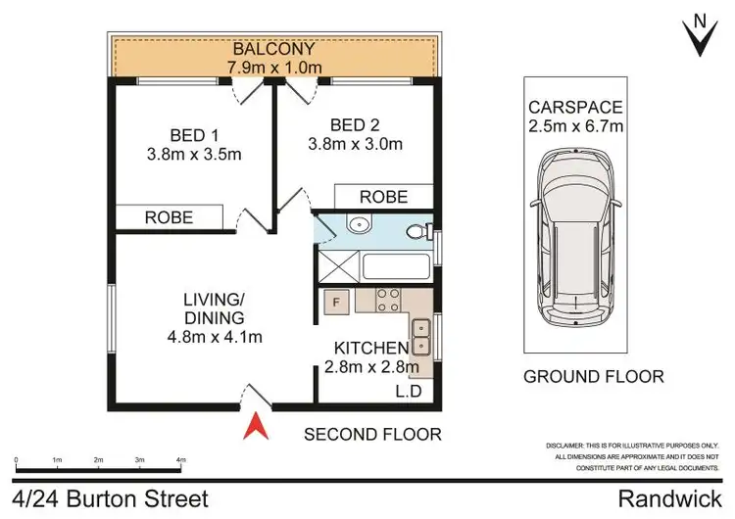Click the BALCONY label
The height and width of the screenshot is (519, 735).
click(x=272, y=49)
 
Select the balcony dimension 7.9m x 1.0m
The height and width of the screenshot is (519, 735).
click(x=272, y=68)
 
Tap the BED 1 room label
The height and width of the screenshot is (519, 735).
click(x=193, y=134)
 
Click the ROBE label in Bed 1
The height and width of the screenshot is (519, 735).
click(x=169, y=217)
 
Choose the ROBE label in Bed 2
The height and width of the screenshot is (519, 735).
click(x=383, y=196)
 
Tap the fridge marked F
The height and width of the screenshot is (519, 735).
click(x=336, y=302)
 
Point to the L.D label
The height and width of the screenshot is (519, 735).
click(x=409, y=393)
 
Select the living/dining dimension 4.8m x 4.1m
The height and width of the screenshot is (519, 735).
click(x=215, y=338)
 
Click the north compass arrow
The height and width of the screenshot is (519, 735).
click(x=699, y=36)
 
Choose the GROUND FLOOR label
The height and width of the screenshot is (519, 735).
click(x=593, y=376)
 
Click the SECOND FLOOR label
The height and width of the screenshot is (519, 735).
click(x=372, y=433)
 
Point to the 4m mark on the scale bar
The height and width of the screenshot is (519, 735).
click(x=181, y=458)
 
